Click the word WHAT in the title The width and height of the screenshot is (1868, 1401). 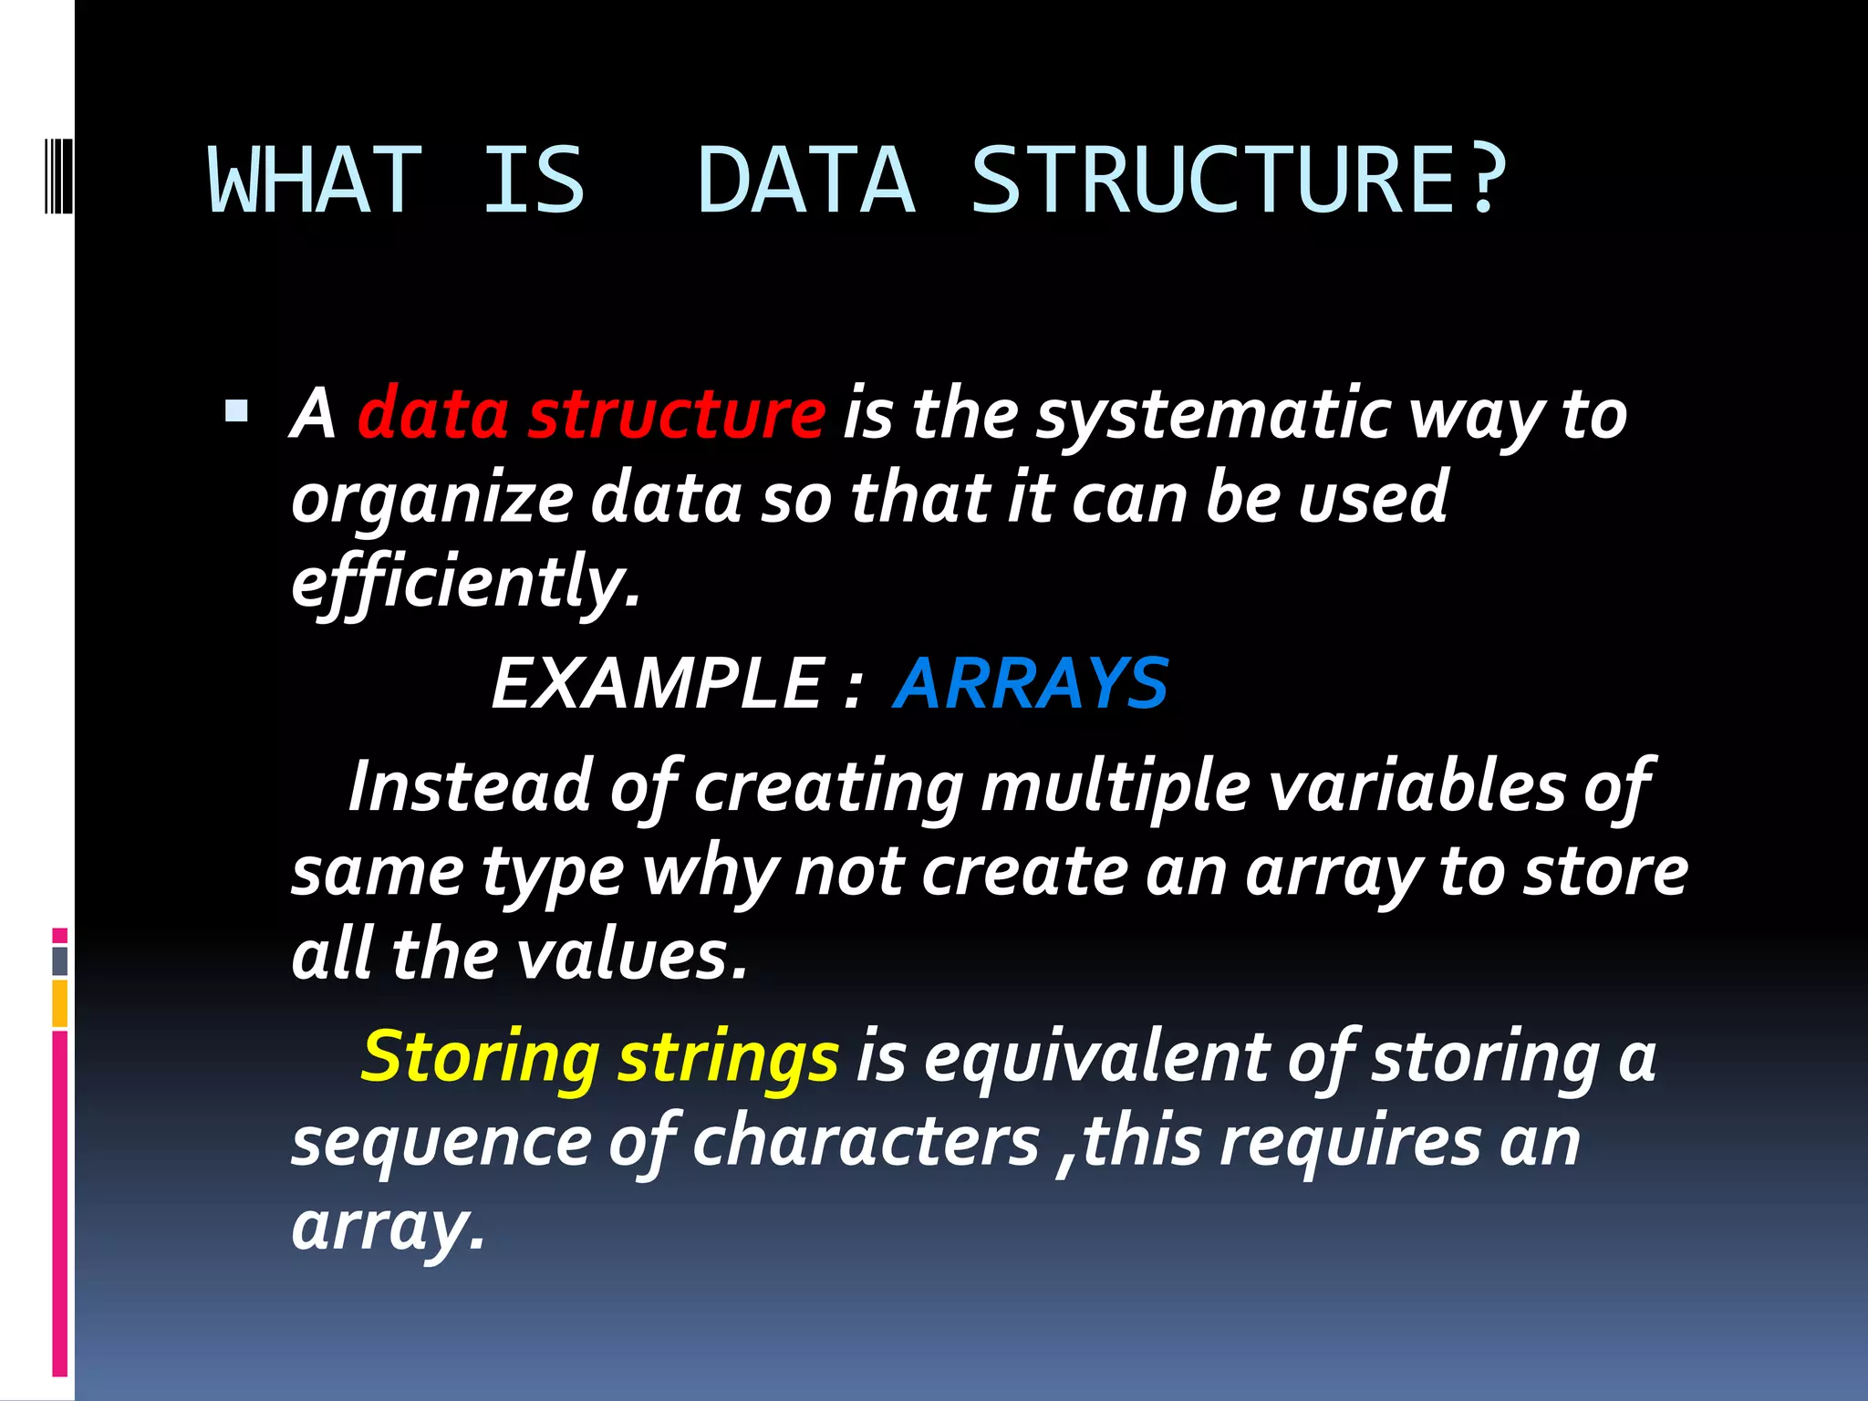point(316,181)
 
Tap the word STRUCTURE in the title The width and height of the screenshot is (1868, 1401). point(1212,181)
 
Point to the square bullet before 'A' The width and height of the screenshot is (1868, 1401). point(236,411)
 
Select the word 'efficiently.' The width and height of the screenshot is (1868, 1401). point(466,584)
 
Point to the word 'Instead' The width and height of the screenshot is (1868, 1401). point(471,785)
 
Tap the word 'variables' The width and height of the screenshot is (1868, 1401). point(1417,785)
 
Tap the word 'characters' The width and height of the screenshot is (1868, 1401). point(866,1142)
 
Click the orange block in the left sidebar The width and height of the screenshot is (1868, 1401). point(60,1003)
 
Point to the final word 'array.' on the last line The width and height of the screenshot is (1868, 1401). point(388,1228)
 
